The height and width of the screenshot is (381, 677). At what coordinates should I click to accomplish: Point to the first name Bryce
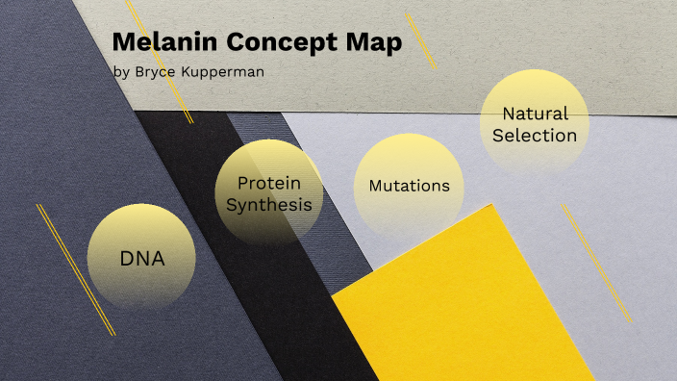153,71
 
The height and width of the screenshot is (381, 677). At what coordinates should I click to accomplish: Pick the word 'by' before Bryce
120,71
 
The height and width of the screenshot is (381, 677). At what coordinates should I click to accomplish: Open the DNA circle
141,257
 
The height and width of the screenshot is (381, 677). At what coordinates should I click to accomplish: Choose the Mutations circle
409,186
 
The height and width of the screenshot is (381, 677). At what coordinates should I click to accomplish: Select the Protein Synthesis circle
268,192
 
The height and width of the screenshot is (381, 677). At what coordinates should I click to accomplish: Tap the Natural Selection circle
534,124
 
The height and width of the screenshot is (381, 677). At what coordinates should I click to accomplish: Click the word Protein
268,183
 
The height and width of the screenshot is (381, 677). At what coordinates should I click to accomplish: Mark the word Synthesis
268,204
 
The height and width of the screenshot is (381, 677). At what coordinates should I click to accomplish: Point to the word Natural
535,114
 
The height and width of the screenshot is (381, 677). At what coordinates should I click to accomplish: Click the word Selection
535,136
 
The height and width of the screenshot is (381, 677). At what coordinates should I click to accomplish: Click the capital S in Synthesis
231,204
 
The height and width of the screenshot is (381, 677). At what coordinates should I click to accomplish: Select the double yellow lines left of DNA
75,269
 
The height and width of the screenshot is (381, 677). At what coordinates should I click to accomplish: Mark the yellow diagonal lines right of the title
420,40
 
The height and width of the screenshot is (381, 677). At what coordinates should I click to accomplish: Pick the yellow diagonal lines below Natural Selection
597,262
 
